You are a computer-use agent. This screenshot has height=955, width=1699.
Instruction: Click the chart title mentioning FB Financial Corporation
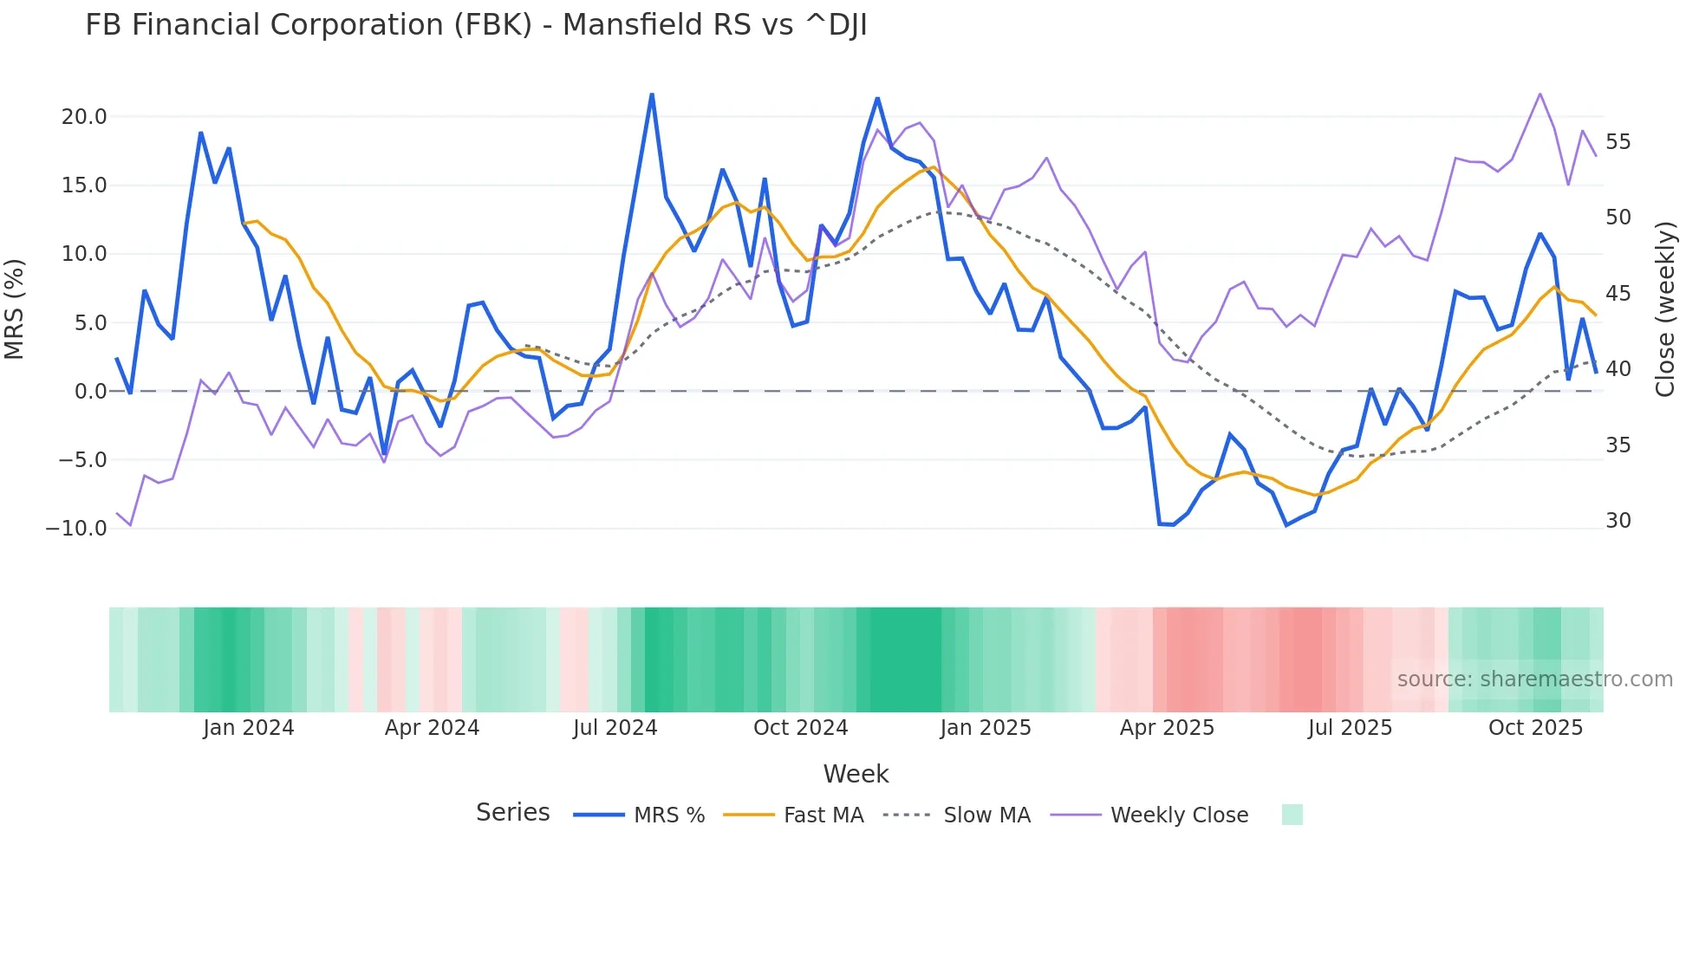[x=476, y=25]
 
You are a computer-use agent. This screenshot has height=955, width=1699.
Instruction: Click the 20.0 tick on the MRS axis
[x=84, y=117]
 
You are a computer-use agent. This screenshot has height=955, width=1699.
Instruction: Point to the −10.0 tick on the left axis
[x=76, y=529]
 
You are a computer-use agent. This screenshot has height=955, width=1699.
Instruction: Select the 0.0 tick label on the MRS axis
[x=90, y=392]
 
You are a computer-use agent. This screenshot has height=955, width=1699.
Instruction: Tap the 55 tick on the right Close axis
[x=1618, y=142]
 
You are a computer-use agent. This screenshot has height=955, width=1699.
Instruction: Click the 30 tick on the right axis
[x=1618, y=521]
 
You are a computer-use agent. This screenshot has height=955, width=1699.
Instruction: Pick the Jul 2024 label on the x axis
[x=615, y=728]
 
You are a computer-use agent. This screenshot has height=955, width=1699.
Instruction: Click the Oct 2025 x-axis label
[x=1535, y=728]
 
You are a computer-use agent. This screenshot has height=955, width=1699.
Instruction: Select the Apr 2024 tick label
[x=432, y=728]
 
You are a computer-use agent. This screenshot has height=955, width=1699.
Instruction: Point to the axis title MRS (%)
[x=15, y=309]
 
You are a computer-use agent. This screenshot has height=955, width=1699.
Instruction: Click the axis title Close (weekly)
[x=1665, y=309]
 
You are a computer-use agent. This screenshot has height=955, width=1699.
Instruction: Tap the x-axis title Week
[x=856, y=774]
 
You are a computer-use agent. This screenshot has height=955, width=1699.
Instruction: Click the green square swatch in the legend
[x=1292, y=815]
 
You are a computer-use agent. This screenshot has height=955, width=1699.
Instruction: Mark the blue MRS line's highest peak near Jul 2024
[x=652, y=94]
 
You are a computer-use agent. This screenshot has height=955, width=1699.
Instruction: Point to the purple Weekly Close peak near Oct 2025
[x=1540, y=94]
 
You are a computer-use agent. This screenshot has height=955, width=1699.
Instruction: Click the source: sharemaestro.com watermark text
[x=1534, y=679]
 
